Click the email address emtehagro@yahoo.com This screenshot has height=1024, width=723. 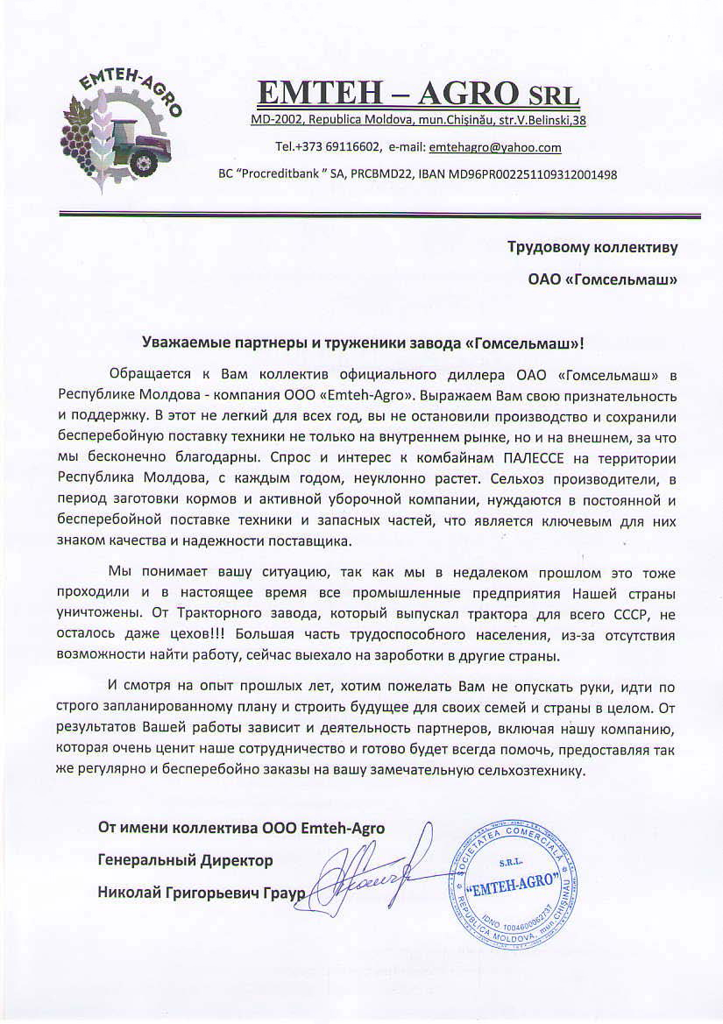pos(495,147)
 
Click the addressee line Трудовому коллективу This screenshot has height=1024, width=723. pos(592,247)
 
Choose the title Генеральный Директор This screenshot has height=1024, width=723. pos(185,861)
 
